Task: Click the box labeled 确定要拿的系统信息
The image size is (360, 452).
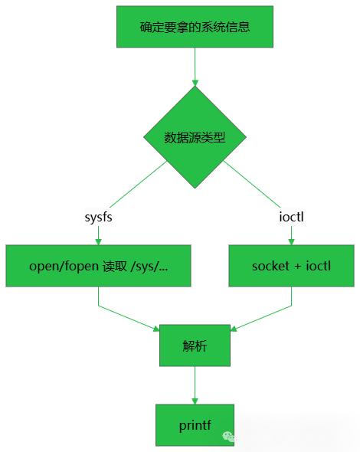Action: [195, 27]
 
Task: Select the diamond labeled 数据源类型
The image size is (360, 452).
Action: [195, 138]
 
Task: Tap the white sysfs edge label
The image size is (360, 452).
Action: [98, 218]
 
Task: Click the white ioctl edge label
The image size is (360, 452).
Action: [291, 218]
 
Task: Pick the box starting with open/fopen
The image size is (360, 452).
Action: [98, 266]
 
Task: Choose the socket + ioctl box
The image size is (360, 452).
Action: [291, 266]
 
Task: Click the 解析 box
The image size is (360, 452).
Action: [195, 346]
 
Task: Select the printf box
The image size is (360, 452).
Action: [195, 425]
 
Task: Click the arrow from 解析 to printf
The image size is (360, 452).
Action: [195, 385]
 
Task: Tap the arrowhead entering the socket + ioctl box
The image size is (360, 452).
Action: [291, 241]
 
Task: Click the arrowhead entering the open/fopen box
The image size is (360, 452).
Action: [98, 241]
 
